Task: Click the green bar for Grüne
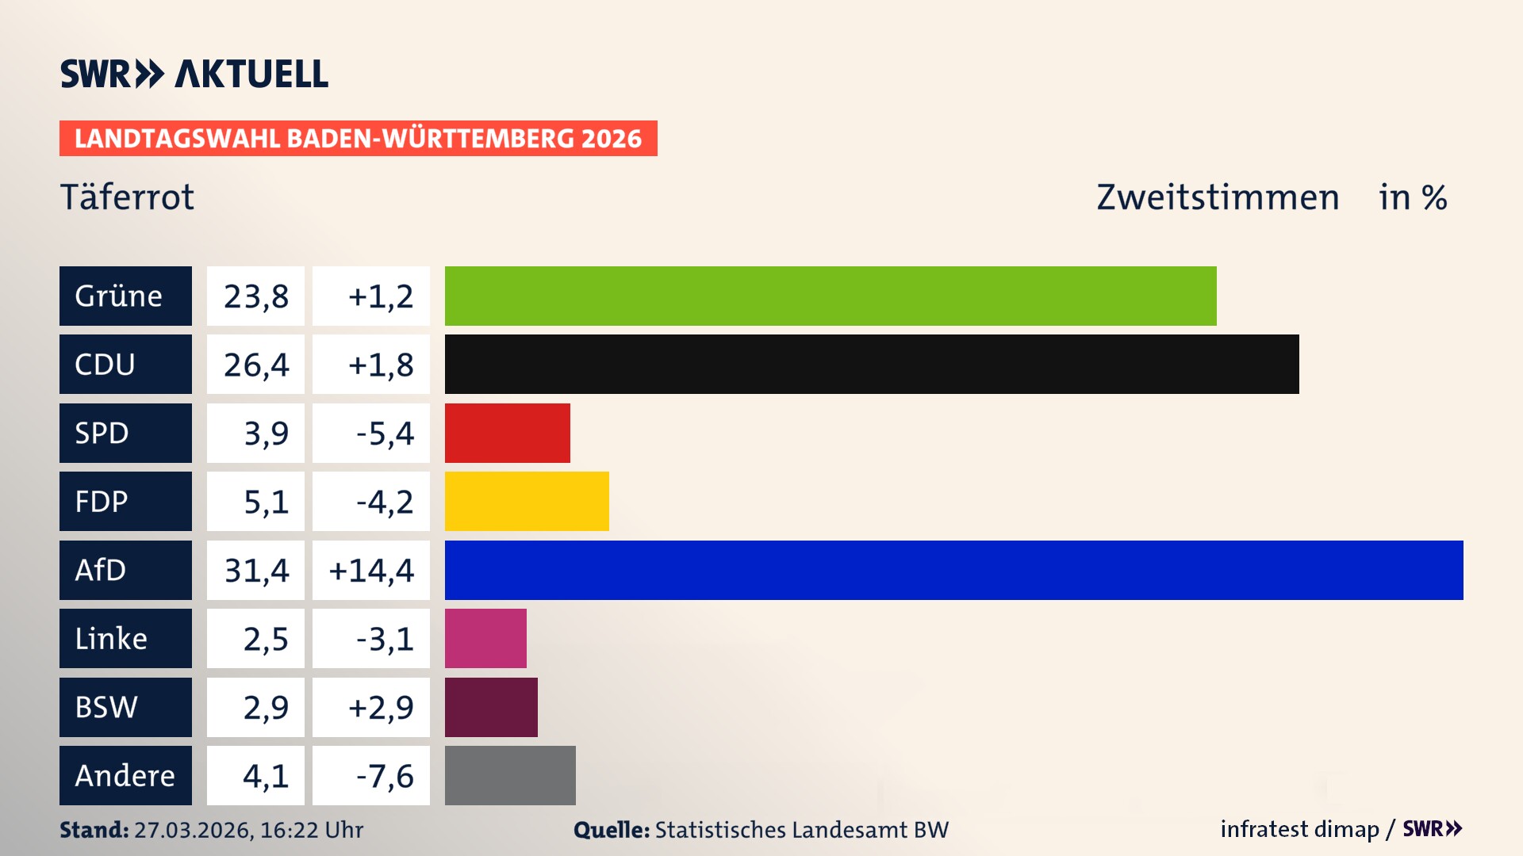click(x=830, y=296)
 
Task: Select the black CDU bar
click(x=871, y=364)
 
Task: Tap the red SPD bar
click(x=507, y=433)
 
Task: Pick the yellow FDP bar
click(x=526, y=501)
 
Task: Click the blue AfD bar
click(x=953, y=570)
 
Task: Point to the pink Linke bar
click(x=485, y=638)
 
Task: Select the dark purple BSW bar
click(x=491, y=707)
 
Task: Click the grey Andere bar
click(x=510, y=775)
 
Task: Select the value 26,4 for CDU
click(x=255, y=365)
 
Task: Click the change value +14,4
click(x=371, y=570)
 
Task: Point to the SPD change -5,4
click(x=384, y=433)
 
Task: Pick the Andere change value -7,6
click(x=384, y=775)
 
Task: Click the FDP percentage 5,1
click(x=266, y=501)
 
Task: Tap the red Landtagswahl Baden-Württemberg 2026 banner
click(x=358, y=138)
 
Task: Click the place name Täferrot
click(x=127, y=197)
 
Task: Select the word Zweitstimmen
click(x=1218, y=197)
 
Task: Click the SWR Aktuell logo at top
click(x=194, y=74)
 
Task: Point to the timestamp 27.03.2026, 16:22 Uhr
click(x=248, y=830)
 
